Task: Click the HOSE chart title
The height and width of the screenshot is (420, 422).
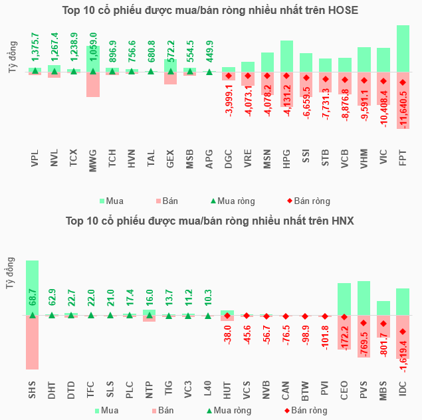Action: tap(210, 10)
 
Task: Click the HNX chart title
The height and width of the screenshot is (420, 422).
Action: tap(210, 221)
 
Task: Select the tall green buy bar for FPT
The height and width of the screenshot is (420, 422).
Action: tap(403, 47)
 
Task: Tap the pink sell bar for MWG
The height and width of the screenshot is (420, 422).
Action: tap(92, 84)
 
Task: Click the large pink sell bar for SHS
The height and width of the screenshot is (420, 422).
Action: tap(32, 342)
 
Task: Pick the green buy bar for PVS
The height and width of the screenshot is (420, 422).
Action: tap(364, 298)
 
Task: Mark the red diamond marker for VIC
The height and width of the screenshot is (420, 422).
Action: tap(383, 82)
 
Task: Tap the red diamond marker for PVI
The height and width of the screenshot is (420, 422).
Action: tap(325, 316)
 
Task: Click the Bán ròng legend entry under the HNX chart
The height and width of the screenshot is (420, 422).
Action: tap(305, 410)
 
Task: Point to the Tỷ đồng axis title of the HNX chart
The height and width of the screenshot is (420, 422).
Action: tap(10, 273)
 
